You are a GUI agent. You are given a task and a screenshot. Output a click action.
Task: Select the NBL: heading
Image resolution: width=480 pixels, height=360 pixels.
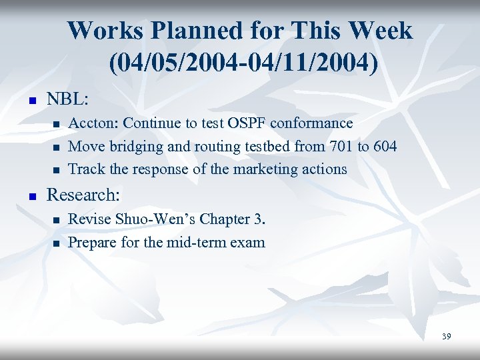point(67,99)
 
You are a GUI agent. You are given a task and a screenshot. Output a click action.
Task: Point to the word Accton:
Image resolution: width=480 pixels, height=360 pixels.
point(94,123)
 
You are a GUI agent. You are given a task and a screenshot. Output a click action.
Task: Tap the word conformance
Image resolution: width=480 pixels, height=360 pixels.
point(313,123)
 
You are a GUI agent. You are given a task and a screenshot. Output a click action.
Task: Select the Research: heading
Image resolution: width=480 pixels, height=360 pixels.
point(83,195)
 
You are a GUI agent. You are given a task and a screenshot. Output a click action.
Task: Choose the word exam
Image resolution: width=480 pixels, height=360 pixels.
point(249,242)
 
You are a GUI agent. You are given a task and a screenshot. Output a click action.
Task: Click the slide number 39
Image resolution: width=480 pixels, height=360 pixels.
point(446,336)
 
